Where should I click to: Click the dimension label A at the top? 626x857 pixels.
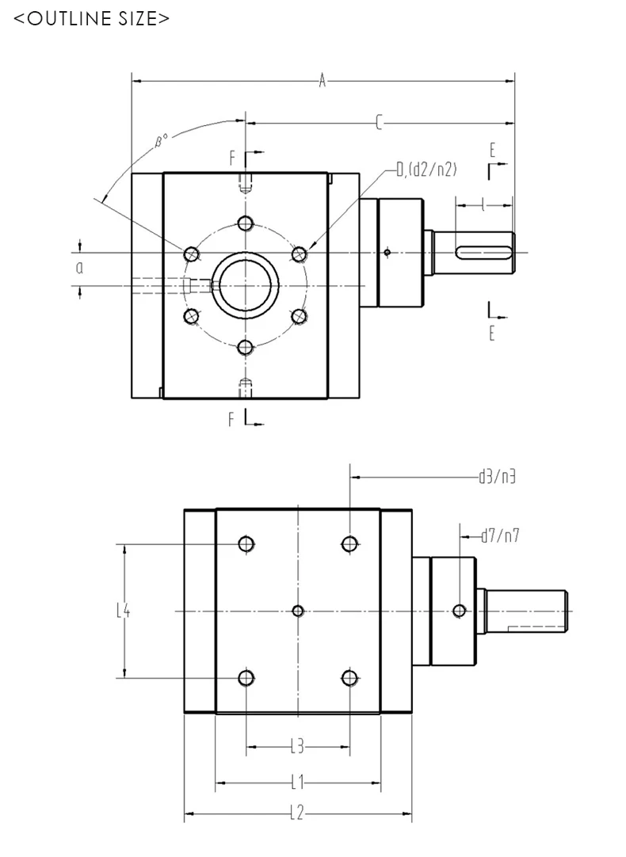[322, 80]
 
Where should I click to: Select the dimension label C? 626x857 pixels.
[379, 122]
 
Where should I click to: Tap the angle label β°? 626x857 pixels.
[161, 140]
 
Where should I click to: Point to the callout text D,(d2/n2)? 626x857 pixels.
[426, 169]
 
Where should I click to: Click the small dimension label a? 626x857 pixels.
[79, 268]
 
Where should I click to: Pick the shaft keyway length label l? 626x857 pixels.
[483, 206]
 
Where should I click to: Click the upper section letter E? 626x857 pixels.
[492, 149]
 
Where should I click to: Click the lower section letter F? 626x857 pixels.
[233, 419]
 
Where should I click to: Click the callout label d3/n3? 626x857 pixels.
[498, 477]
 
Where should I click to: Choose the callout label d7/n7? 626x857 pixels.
[500, 536]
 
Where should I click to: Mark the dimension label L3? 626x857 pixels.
[297, 745]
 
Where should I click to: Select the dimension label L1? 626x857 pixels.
[297, 783]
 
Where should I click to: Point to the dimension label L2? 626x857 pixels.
[297, 813]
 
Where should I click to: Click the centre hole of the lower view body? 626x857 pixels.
[298, 610]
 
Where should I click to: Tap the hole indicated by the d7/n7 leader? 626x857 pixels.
[459, 610]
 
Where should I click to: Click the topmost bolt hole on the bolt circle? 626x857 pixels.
[246, 222]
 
